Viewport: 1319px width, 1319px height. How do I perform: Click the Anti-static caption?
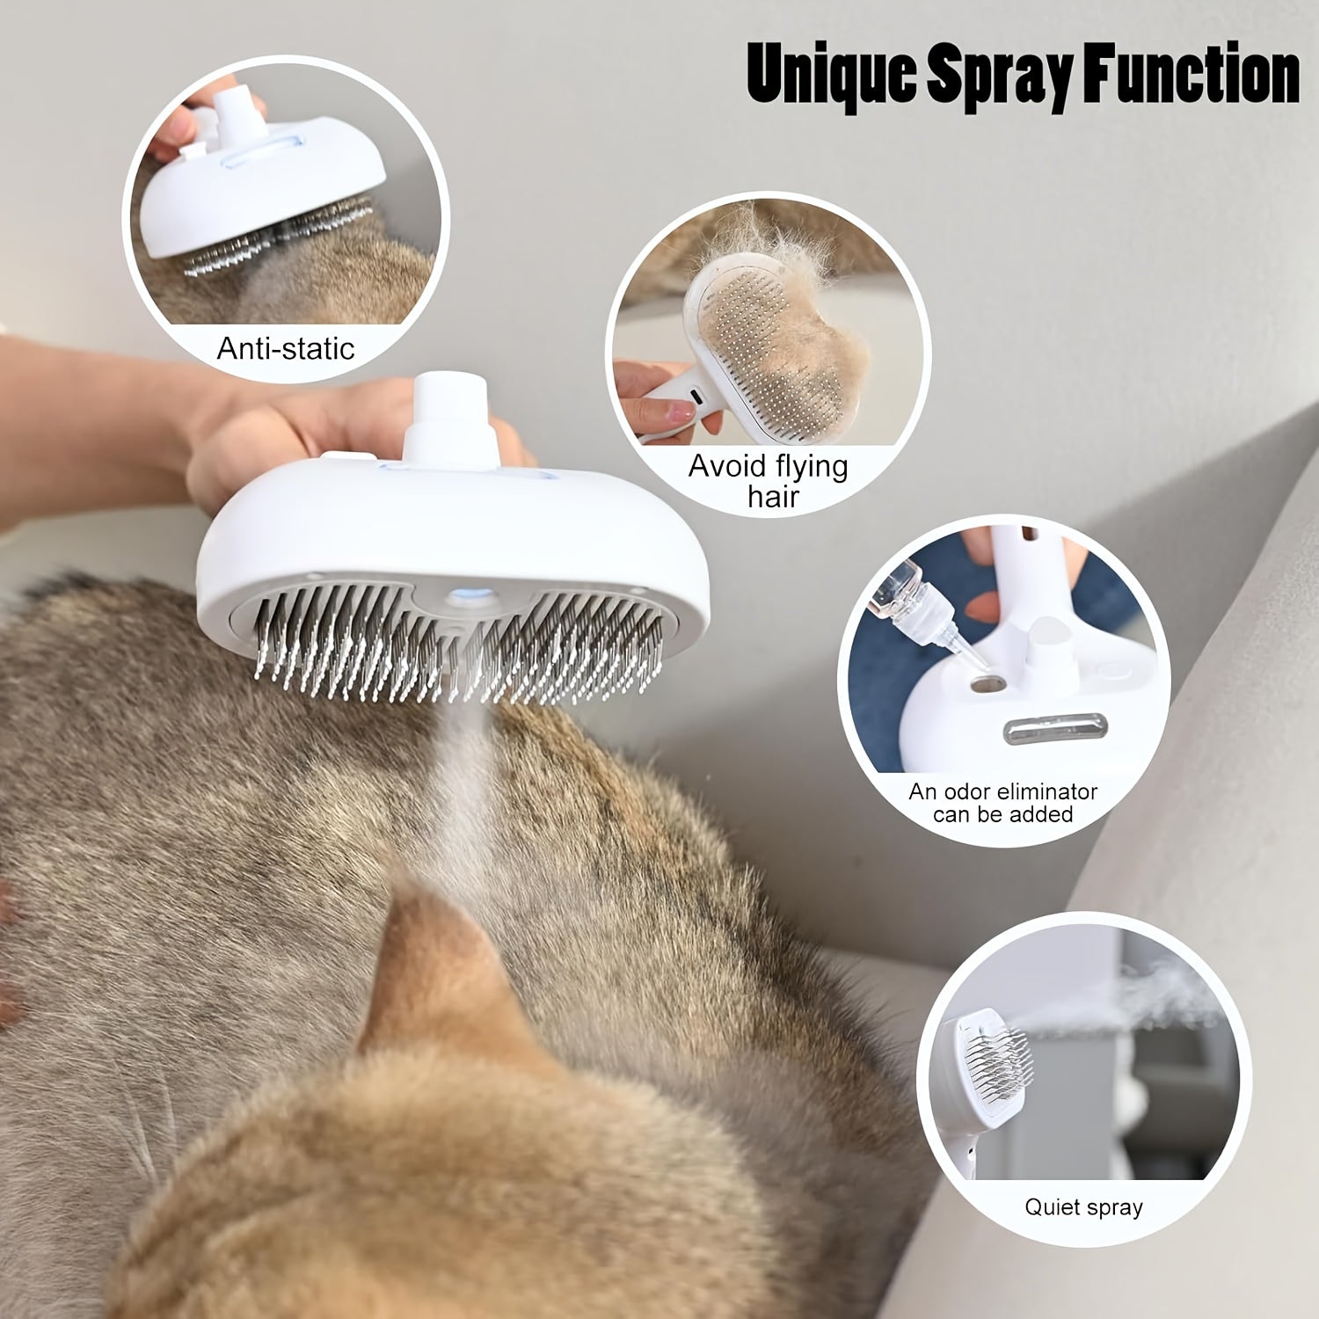[x=286, y=349]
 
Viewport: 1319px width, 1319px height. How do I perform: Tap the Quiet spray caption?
[x=1083, y=1206]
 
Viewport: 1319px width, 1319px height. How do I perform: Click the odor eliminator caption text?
[x=1002, y=803]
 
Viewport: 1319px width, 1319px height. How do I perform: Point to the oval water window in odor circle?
[x=1041, y=729]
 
